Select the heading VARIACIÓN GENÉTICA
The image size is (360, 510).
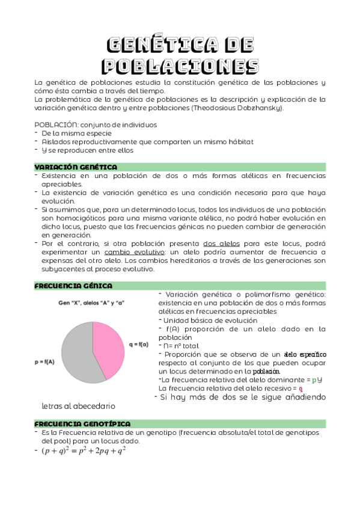pyautogui.click(x=76, y=167)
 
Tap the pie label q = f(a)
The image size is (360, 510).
pyautogui.click(x=139, y=345)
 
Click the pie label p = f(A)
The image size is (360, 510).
pyautogui.click(x=43, y=362)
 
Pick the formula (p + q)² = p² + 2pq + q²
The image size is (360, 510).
pyautogui.click(x=84, y=450)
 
